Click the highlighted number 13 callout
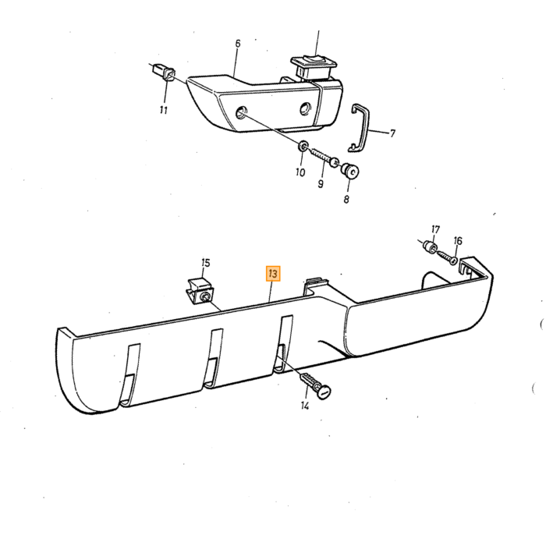273,273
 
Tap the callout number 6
238,44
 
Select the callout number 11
164,110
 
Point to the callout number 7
392,133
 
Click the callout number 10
300,172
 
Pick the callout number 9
321,183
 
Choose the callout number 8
346,199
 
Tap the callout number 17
435,229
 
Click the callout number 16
458,240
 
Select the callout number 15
206,263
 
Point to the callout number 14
305,406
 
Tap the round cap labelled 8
350,171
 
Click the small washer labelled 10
303,146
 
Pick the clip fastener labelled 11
165,72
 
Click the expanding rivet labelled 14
315,384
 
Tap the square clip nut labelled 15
201,291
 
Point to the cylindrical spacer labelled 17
430,247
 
